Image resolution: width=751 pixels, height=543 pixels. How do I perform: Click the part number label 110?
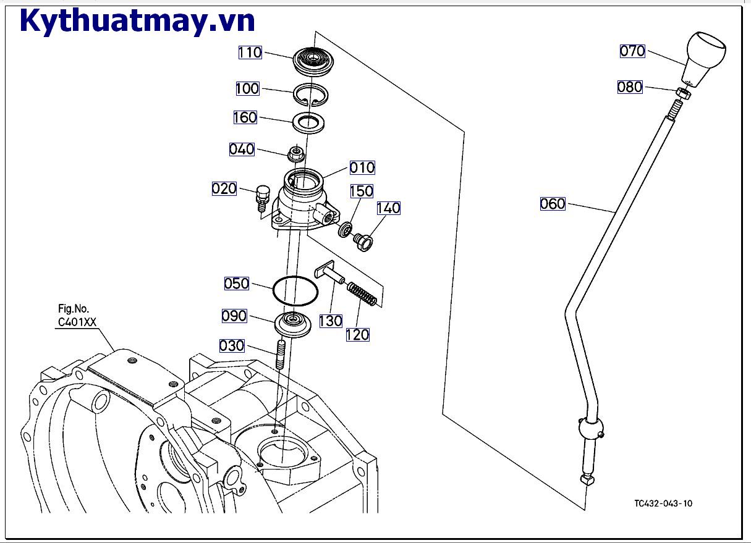[250, 53]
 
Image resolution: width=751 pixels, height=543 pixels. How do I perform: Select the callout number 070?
[632, 51]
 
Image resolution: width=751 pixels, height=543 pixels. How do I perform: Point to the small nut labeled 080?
[682, 93]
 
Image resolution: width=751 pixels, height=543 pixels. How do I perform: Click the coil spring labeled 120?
[362, 293]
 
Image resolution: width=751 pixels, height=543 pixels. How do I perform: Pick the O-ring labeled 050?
[295, 290]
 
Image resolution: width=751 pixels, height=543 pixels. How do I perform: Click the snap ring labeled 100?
[310, 93]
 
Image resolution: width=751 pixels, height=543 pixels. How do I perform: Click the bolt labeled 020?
[262, 196]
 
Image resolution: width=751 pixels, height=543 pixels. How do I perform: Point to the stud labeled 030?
[280, 355]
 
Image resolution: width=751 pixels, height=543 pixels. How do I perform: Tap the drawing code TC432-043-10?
[663, 503]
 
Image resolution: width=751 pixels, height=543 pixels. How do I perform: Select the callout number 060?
[553, 203]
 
